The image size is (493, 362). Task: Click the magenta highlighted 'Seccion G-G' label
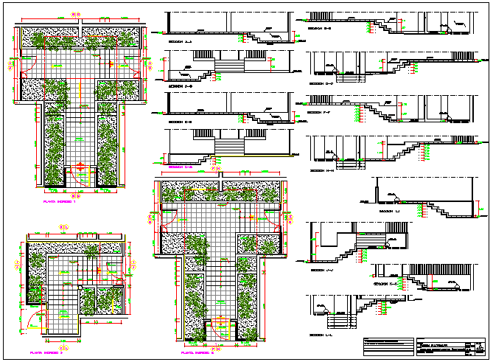pyautogui.click(x=181, y=167)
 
